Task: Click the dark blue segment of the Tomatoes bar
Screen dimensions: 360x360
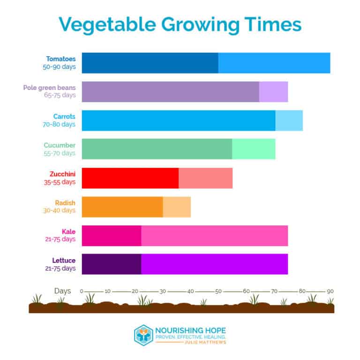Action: pyautogui.click(x=150, y=63)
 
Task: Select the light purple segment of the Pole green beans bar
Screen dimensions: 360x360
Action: pyautogui.click(x=273, y=92)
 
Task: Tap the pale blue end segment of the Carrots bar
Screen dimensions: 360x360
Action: pyautogui.click(x=289, y=120)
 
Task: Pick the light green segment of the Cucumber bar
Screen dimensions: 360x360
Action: pyautogui.click(x=253, y=149)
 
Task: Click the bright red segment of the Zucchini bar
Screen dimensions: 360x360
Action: pyautogui.click(x=130, y=178)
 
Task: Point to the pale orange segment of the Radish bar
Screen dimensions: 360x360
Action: pyautogui.click(x=177, y=207)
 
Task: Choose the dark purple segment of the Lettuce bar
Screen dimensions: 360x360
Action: pyautogui.click(x=112, y=264)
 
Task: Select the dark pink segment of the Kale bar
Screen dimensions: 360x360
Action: pyautogui.click(x=112, y=235)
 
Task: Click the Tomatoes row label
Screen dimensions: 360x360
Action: pyautogui.click(x=60, y=59)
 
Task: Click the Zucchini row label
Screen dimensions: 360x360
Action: pyautogui.click(x=62, y=174)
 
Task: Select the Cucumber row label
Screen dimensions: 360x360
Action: pyautogui.click(x=60, y=145)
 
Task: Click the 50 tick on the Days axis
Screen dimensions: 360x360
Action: pyautogui.click(x=218, y=291)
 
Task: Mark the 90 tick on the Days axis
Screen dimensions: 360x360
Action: pyautogui.click(x=330, y=291)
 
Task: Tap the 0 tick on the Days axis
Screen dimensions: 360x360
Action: pyautogui.click(x=82, y=291)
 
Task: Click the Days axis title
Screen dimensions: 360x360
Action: pyautogui.click(x=62, y=291)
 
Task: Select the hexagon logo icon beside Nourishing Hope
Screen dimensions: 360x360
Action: pyautogui.click(x=143, y=334)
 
